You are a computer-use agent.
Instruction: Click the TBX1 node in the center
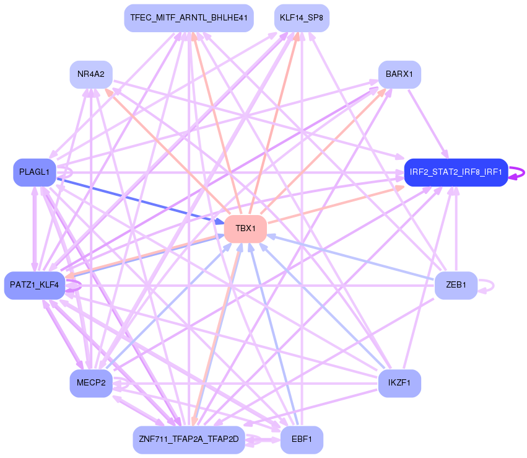245,229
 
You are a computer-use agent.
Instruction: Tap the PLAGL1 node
35,172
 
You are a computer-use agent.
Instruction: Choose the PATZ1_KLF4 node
35,285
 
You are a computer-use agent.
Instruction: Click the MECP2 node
91,384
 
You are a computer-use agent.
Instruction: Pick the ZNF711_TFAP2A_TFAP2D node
189,439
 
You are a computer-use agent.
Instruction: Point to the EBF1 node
302,439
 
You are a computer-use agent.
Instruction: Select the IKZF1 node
399,384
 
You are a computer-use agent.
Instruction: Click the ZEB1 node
456,285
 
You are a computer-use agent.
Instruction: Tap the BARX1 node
399,74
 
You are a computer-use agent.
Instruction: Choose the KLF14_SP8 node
302,18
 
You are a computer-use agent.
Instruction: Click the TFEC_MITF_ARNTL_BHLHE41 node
189,18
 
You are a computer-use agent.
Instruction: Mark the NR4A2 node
91,74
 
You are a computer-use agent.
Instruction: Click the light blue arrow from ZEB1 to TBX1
353,258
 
